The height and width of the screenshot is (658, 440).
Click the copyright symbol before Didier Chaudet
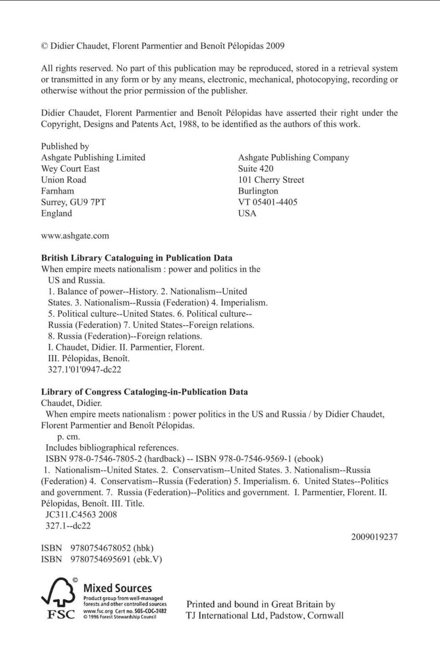point(44,46)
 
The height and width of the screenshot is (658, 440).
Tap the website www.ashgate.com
point(75,236)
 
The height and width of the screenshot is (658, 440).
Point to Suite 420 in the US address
point(255,169)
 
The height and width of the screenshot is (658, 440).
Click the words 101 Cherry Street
point(271,180)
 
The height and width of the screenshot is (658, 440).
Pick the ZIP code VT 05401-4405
point(267,202)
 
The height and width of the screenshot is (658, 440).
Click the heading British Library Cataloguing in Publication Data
point(136,258)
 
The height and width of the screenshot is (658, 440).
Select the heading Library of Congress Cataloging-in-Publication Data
point(144,392)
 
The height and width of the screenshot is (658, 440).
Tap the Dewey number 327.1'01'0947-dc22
point(85,369)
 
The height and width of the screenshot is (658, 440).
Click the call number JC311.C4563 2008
point(81,514)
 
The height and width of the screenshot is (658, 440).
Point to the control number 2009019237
point(374,537)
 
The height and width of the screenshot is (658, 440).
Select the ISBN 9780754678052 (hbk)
point(112,548)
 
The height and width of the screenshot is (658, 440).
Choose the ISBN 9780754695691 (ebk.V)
point(116,559)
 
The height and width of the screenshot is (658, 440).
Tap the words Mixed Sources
point(118,588)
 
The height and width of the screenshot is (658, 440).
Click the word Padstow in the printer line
point(287,615)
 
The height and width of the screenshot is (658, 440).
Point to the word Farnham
point(57,191)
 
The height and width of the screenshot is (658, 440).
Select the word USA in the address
point(247,214)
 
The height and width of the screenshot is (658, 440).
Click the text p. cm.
point(68,437)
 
